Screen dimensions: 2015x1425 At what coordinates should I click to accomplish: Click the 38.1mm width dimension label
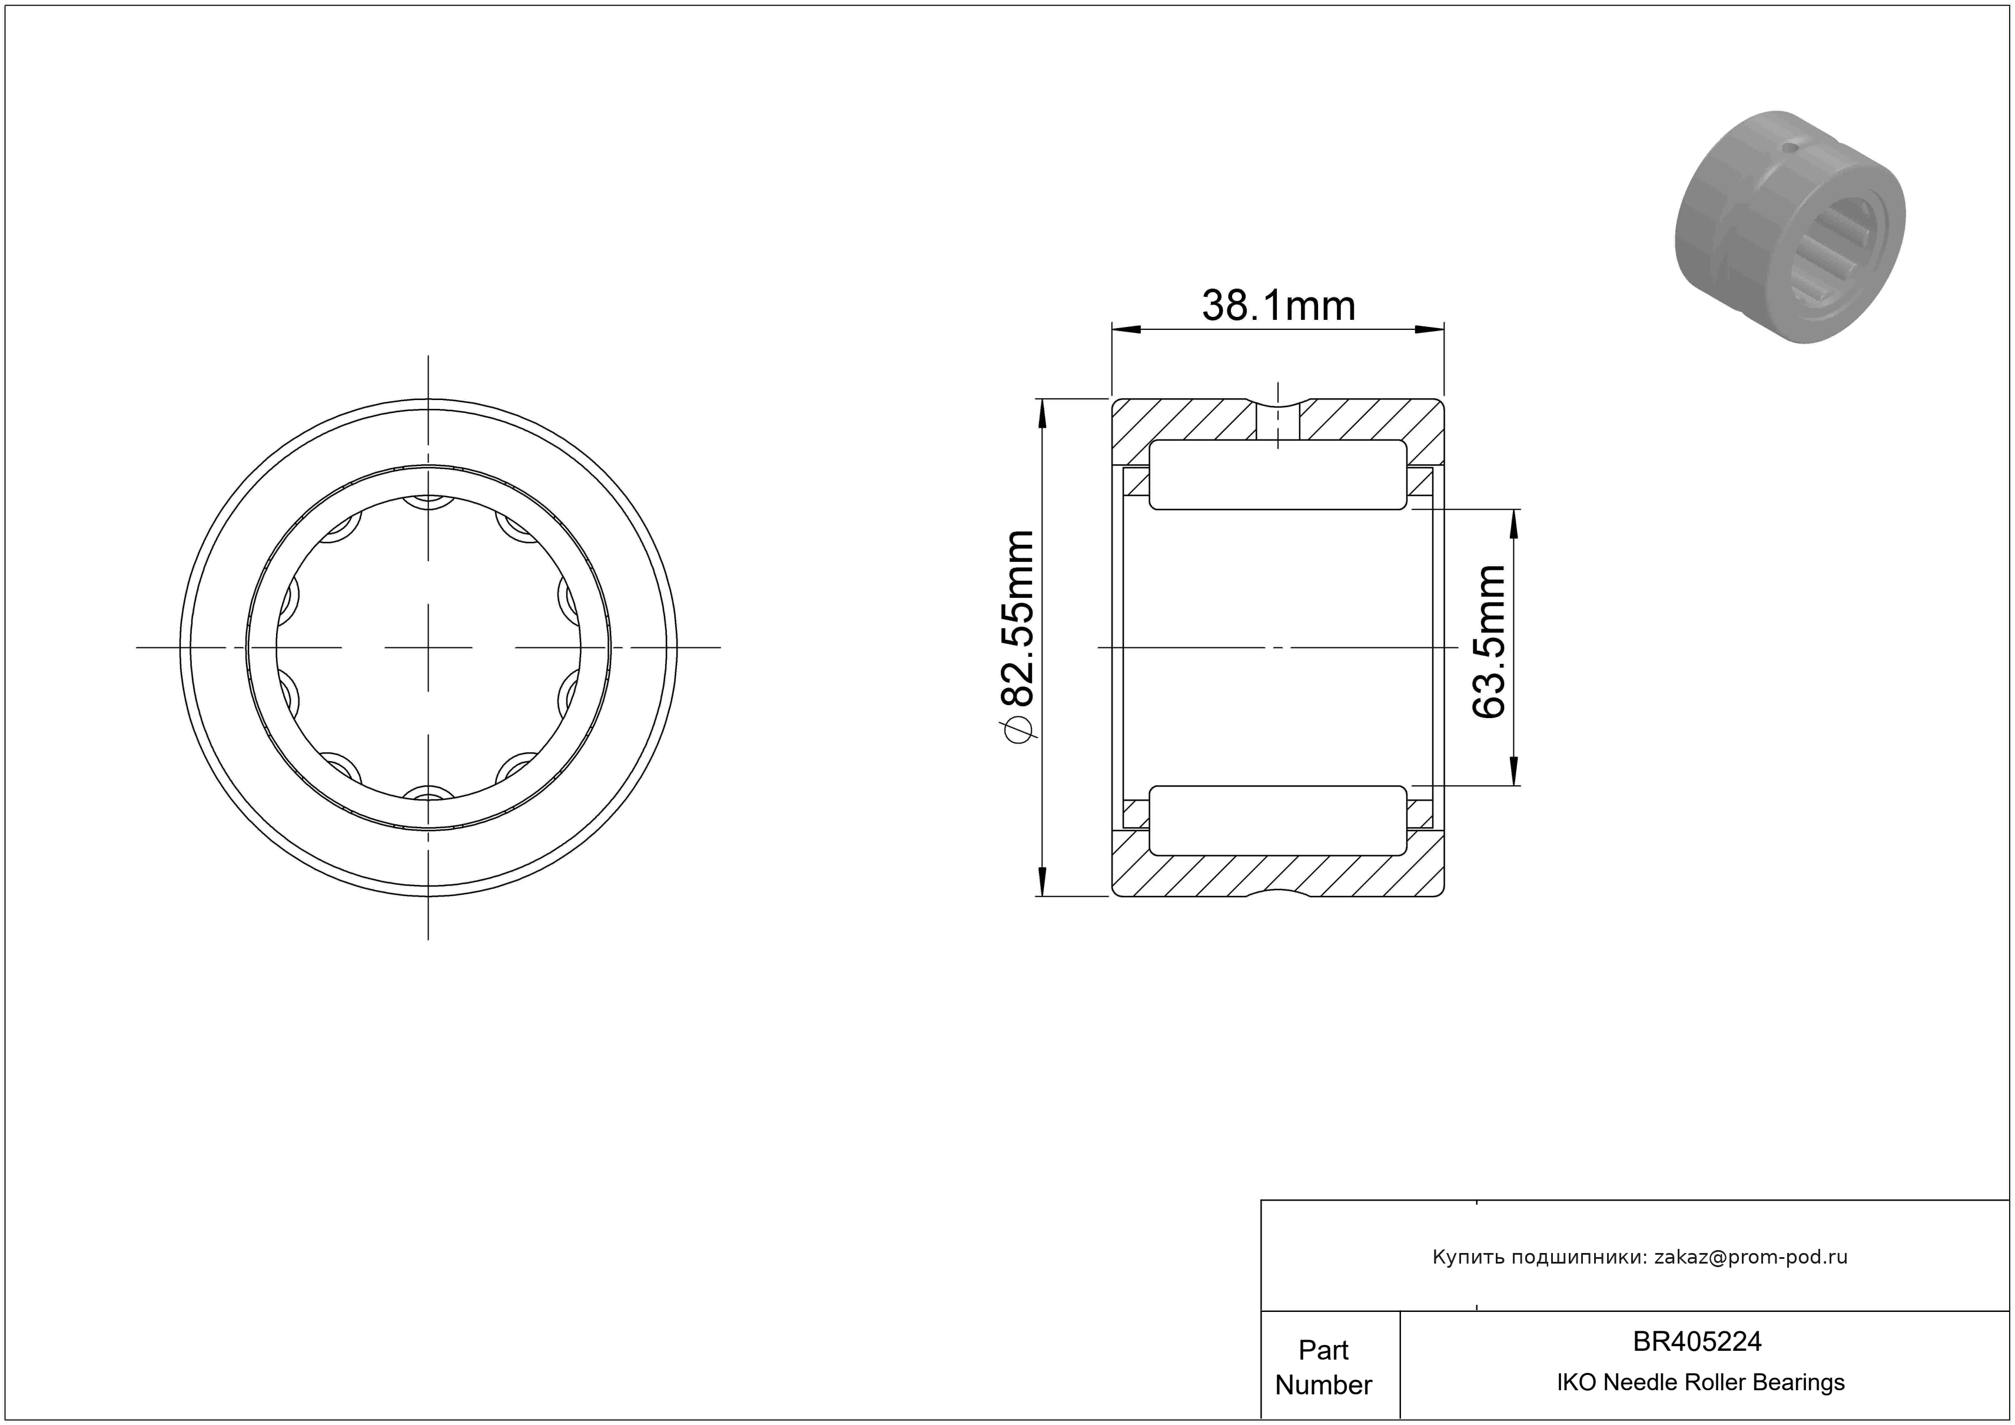pyautogui.click(x=1278, y=306)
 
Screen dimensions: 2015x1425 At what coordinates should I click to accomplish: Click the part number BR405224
pyautogui.click(x=1697, y=1341)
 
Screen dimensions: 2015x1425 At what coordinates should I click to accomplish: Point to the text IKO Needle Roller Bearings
pyautogui.click(x=1700, y=1382)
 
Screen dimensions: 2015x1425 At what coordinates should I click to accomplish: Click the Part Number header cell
pyautogui.click(x=1323, y=1367)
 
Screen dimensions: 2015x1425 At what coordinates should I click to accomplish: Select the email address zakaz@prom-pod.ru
pyautogui.click(x=1751, y=1257)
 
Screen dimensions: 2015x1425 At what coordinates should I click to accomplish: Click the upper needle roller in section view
pyautogui.click(x=1277, y=475)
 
